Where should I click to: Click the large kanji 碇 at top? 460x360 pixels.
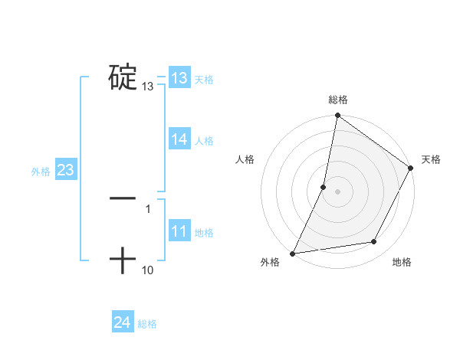click(123, 77)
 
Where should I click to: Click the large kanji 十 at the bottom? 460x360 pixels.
click(123, 260)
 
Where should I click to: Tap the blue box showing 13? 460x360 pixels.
click(179, 78)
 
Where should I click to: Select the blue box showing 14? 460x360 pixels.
click(179, 139)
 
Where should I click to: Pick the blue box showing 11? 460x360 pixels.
click(179, 231)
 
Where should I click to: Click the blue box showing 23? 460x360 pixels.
click(65, 170)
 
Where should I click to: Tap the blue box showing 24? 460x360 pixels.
click(122, 322)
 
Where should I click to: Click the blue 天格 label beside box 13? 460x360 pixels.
click(204, 80)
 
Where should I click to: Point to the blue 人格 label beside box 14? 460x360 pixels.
click(204, 140)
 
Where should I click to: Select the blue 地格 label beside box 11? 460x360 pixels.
click(204, 233)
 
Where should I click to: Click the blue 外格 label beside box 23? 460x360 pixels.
click(41, 172)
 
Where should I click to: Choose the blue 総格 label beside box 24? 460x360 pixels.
click(147, 324)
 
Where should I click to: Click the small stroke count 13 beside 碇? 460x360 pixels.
click(148, 87)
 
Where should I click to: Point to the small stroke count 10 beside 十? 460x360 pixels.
click(148, 270)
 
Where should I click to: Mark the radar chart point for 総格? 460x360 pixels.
click(337, 116)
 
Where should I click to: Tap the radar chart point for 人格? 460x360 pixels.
click(324, 186)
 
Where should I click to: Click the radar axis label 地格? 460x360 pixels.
click(402, 262)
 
